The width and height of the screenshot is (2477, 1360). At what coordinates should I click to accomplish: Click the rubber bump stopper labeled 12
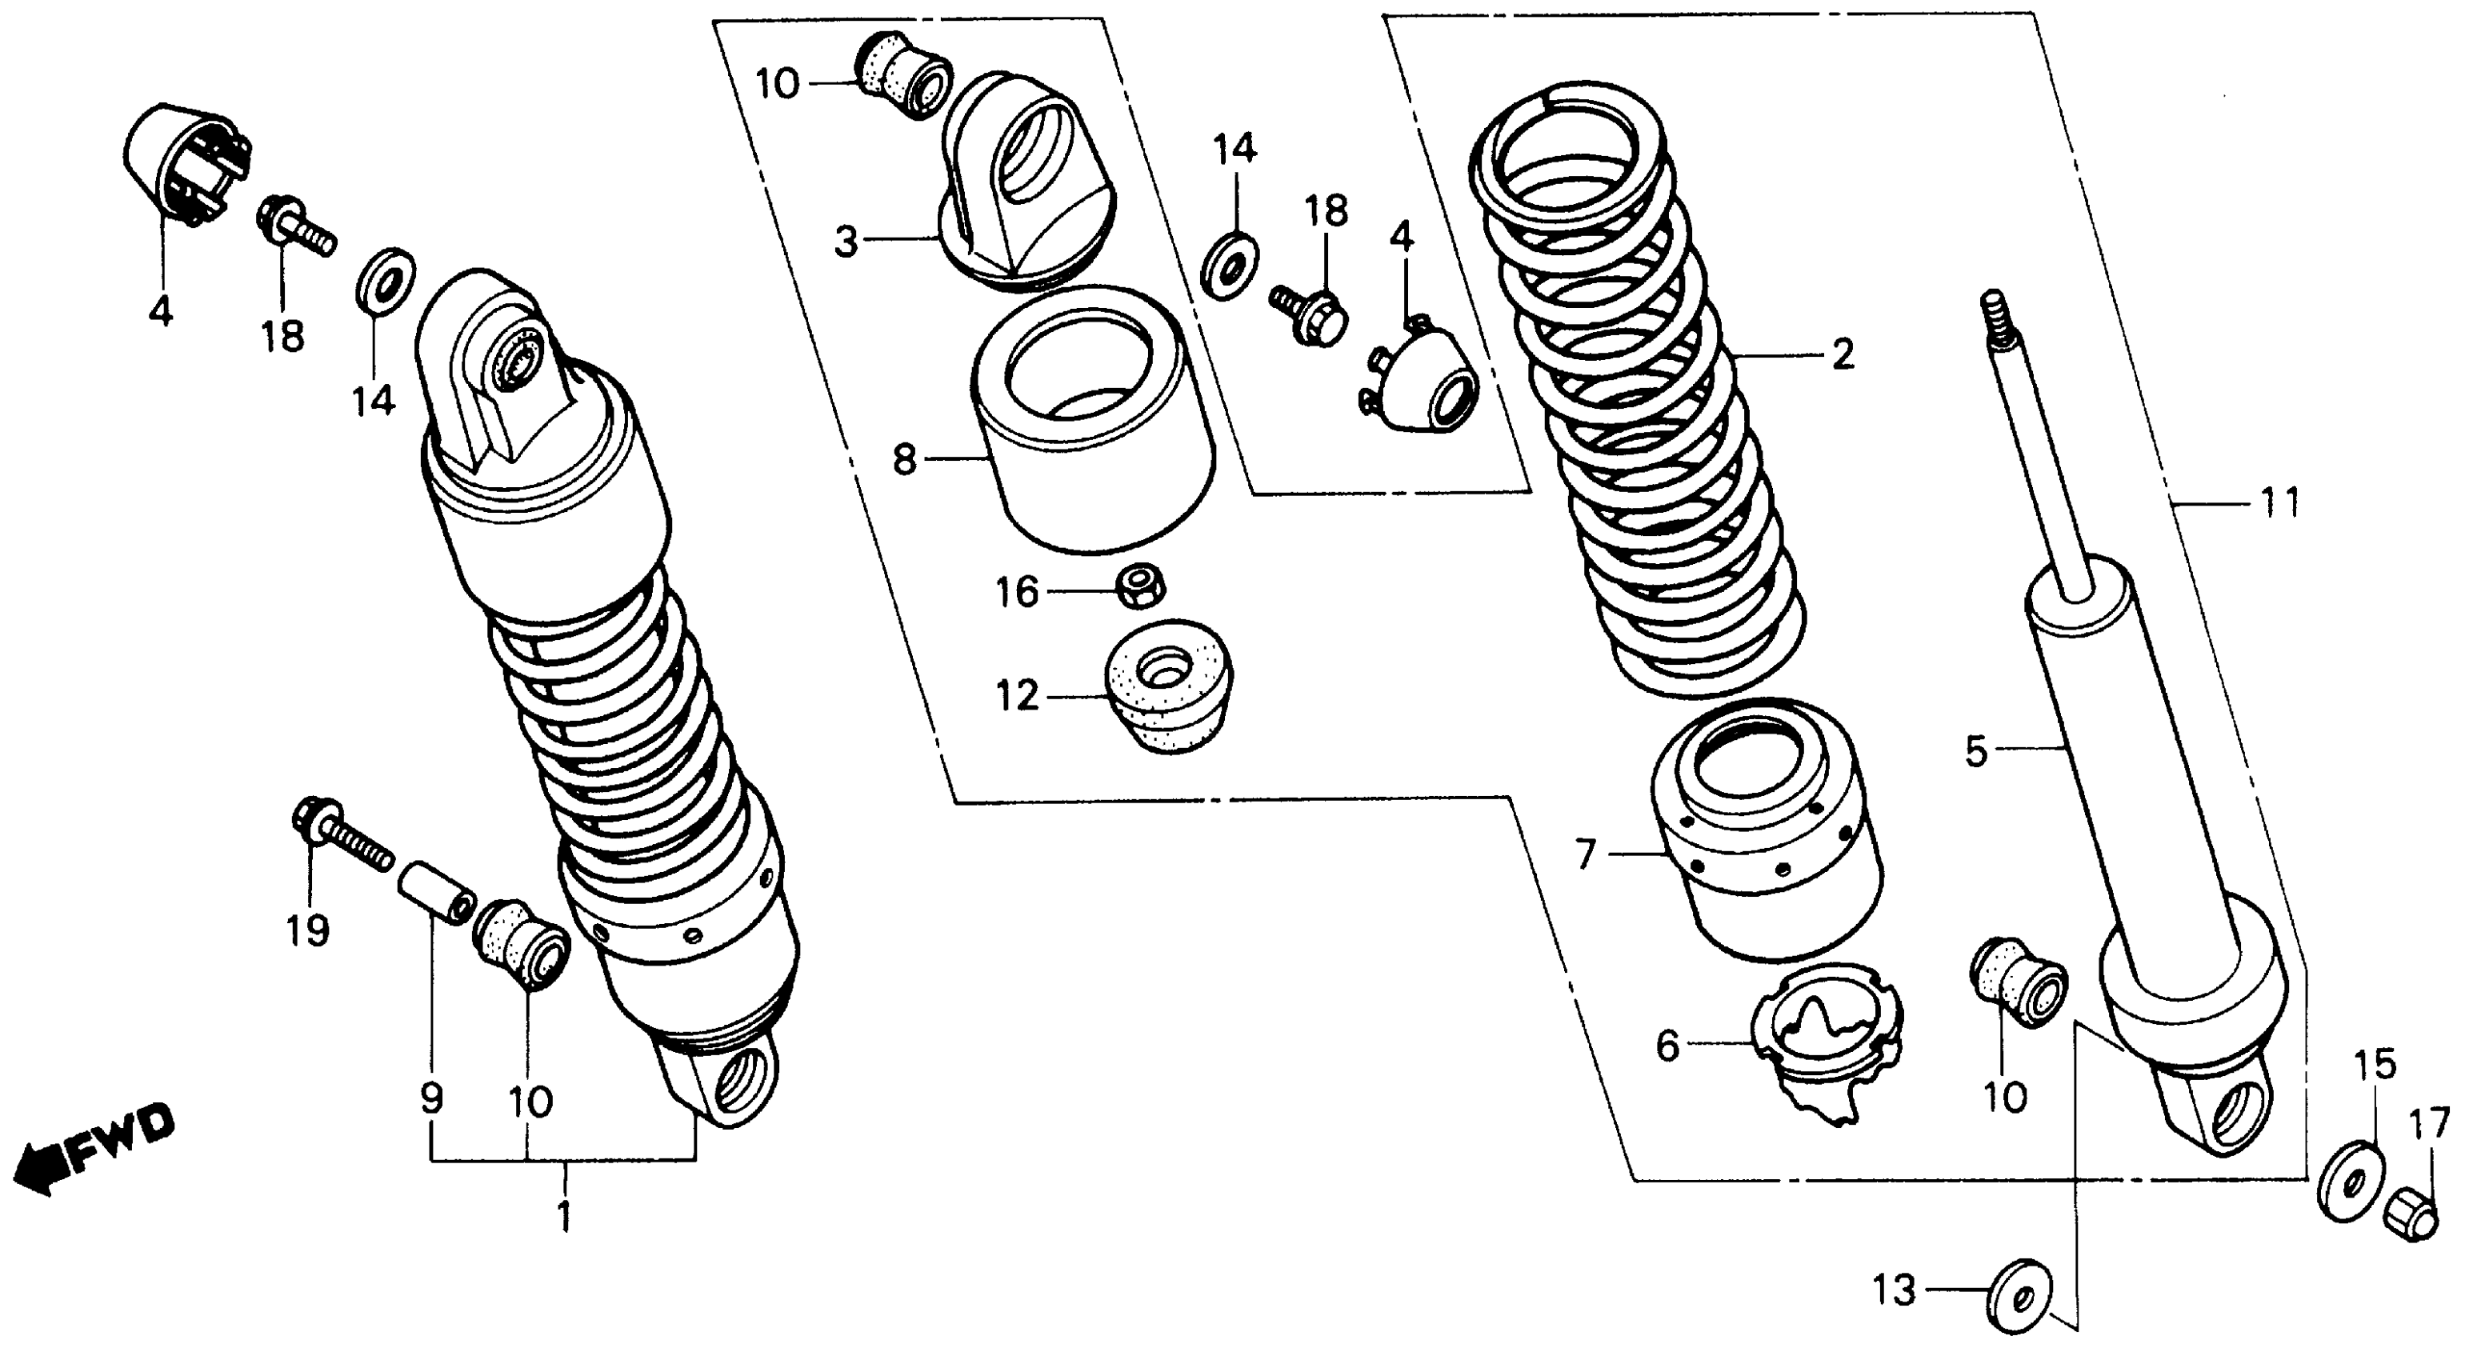coord(1167,688)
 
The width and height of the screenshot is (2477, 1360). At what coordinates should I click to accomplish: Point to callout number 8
coord(905,460)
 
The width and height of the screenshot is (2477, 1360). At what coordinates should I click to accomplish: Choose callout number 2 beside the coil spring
coord(1842,356)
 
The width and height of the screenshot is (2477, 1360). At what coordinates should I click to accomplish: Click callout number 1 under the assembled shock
coord(564,1217)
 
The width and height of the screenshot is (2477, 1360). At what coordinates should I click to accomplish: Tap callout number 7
coord(1585,853)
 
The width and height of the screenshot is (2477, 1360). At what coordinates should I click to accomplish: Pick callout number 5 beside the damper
coord(1975,751)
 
